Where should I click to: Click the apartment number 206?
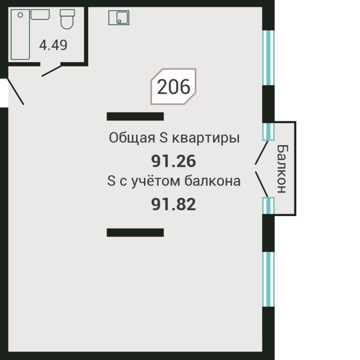pyautogui.click(x=173, y=87)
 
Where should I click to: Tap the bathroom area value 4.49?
pyautogui.click(x=53, y=45)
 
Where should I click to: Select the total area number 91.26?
pyautogui.click(x=174, y=162)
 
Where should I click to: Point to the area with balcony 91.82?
pyautogui.click(x=174, y=204)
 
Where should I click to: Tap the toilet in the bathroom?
pyautogui.click(x=67, y=19)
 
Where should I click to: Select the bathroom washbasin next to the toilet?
pyautogui.click(x=40, y=15)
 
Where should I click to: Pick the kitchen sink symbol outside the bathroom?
pyautogui.click(x=119, y=18)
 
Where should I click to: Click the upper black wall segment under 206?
pyautogui.click(x=135, y=116)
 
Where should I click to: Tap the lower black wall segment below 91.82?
pyautogui.click(x=135, y=232)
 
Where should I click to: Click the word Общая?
pyautogui.click(x=132, y=139)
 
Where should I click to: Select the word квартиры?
pyautogui.click(x=206, y=139)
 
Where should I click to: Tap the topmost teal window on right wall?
pyautogui.click(x=268, y=58)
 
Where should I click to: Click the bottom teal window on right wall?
pyautogui.click(x=268, y=279)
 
